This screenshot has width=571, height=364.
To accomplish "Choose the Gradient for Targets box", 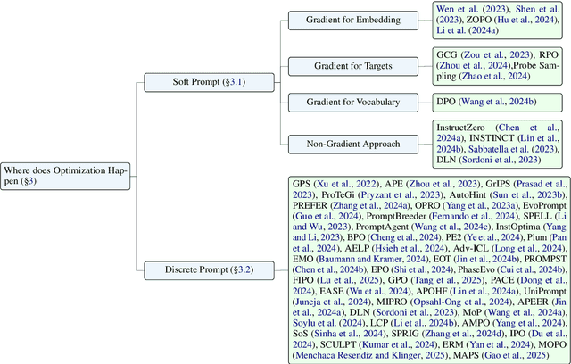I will click(x=348, y=65).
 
